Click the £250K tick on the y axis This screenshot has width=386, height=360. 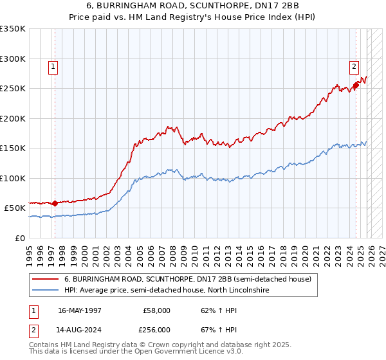point(13,89)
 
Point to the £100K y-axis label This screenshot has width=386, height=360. point(13,178)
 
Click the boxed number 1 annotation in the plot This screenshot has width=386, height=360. point(52,65)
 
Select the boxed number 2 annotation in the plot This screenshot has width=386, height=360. point(354,65)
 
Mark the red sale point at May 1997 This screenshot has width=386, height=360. point(55,203)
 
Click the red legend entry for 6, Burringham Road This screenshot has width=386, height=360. point(187,280)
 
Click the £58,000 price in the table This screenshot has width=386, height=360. point(157,310)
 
